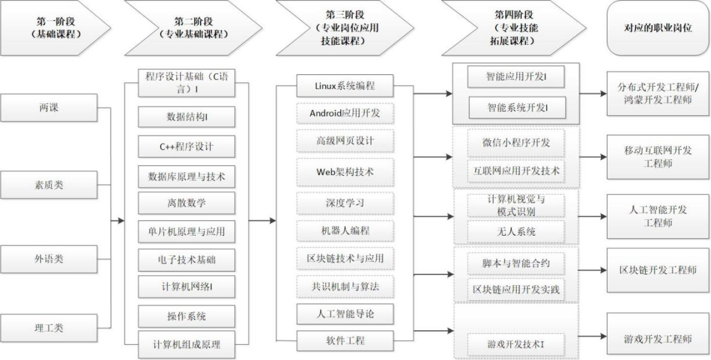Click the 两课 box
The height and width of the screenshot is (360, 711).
(49, 108)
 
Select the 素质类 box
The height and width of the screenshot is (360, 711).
(49, 184)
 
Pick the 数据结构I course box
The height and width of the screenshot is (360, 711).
(187, 117)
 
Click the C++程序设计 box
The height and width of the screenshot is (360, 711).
(187, 146)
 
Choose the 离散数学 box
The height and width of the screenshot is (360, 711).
(187, 203)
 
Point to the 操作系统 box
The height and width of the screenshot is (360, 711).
(187, 316)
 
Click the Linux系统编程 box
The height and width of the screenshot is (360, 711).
(345, 86)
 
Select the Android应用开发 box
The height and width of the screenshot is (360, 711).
(345, 113)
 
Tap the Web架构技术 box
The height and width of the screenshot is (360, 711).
(345, 172)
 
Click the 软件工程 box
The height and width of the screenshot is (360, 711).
(345, 341)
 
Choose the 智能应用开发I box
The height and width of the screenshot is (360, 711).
(516, 77)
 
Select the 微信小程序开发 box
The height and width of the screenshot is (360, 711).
(516, 142)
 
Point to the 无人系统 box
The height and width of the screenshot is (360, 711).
(516, 232)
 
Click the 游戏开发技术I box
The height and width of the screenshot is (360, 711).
(516, 345)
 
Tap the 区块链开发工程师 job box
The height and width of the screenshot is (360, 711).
(658, 270)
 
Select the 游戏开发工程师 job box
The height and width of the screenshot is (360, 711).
(658, 338)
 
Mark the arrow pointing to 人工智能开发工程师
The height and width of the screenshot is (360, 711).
(593, 217)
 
